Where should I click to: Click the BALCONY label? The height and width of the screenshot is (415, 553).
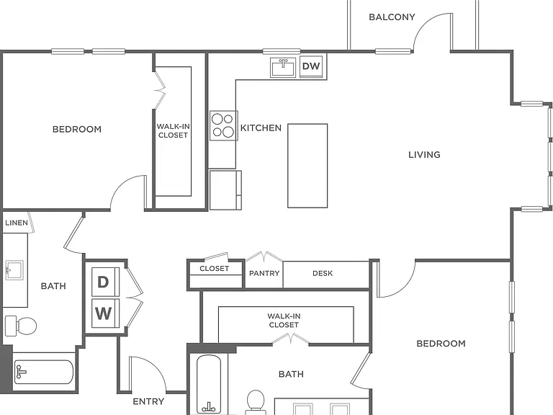tap(392, 17)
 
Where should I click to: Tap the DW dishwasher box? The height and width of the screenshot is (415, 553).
tap(311, 66)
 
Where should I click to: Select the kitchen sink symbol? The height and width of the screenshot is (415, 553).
tap(283, 67)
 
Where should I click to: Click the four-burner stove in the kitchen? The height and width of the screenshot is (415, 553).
tap(224, 125)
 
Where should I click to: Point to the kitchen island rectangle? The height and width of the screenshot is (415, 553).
tap(307, 166)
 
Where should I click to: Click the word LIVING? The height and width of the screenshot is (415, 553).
tap(424, 155)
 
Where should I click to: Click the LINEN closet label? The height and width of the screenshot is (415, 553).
tap(17, 223)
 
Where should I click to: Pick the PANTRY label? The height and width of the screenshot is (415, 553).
tap(264, 273)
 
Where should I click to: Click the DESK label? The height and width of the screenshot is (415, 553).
tap(323, 273)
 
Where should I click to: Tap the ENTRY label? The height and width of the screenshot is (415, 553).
tap(148, 401)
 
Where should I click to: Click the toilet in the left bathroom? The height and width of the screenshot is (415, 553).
tap(21, 326)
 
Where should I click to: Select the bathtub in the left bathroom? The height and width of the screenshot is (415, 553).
tap(43, 372)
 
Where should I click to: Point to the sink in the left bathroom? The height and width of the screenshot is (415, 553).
tap(14, 270)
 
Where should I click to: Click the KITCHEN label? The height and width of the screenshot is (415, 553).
tap(261, 128)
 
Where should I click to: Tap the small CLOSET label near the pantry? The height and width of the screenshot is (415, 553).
tap(214, 269)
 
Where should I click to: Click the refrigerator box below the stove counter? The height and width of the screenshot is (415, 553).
tap(225, 190)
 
